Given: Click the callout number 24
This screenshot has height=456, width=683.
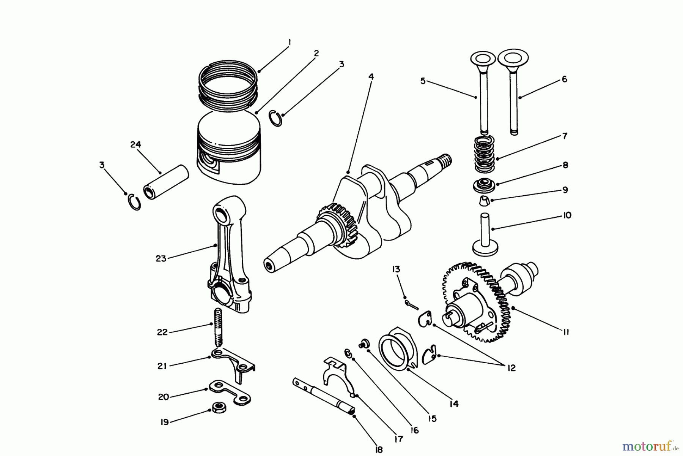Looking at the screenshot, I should (x=135, y=145).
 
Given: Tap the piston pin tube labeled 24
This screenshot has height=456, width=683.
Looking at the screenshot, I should (x=166, y=182).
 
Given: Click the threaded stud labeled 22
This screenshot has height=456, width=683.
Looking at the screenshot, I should (x=218, y=327).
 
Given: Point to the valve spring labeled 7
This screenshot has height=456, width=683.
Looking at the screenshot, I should (x=485, y=154).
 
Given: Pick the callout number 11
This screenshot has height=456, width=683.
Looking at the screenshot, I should (x=565, y=332).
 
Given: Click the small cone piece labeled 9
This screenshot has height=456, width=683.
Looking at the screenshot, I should (x=484, y=200).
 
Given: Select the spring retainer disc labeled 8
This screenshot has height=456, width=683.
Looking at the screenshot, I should (x=483, y=186).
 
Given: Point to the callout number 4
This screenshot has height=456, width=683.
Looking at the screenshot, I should (x=371, y=77).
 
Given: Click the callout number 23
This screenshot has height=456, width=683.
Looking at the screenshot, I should (x=161, y=259).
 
